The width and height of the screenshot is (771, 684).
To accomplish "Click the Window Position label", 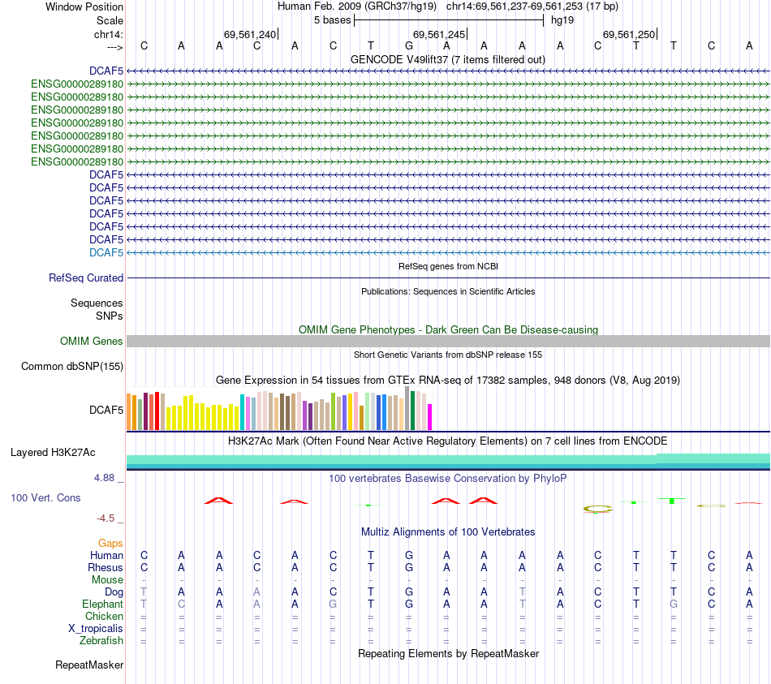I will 84,6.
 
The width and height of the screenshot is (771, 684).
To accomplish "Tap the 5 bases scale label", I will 332,19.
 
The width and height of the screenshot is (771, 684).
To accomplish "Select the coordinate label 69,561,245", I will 439,34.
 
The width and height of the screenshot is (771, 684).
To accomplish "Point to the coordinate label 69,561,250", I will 628,34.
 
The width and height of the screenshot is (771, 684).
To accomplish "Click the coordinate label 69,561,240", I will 250,34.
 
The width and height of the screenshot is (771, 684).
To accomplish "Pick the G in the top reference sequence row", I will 408,46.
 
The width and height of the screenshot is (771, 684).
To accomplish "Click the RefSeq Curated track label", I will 86,277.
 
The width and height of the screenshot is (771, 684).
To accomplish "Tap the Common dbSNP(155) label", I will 72,367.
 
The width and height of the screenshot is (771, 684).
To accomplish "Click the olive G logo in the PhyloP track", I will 598,510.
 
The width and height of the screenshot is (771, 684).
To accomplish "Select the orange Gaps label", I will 110,543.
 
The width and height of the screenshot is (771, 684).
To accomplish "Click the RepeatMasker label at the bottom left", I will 89,665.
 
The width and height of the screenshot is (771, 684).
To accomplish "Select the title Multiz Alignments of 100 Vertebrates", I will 448,532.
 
